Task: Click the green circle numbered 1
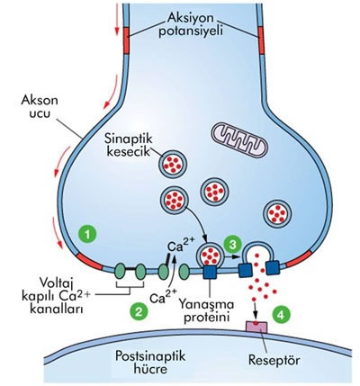[x=87, y=234]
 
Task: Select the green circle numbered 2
[x=139, y=311]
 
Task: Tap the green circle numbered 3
[x=233, y=245]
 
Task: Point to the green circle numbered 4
[x=281, y=315]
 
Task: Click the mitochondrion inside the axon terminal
[x=238, y=139]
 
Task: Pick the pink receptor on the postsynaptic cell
[x=256, y=327]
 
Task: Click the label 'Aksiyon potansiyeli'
[x=191, y=24]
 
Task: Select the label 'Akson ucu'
[x=40, y=107]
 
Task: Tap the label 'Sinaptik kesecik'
[x=129, y=145]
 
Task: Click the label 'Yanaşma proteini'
[x=206, y=310]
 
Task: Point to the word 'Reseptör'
[x=274, y=360]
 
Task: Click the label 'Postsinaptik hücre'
[x=150, y=362]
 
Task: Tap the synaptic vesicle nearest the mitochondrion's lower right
[x=277, y=213]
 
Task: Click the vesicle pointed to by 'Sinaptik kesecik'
[x=174, y=163]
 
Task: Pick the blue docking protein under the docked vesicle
[x=210, y=272]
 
